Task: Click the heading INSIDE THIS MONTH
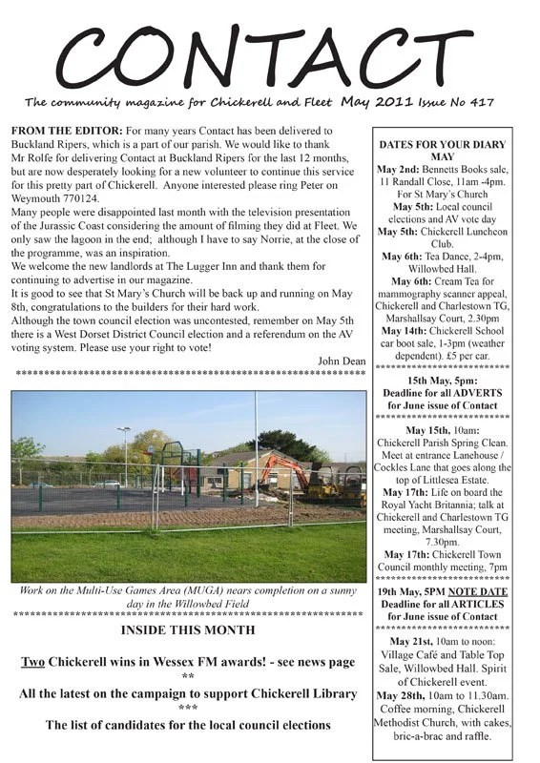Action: pos(187,631)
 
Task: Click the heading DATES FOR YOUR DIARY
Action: pos(443,144)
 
